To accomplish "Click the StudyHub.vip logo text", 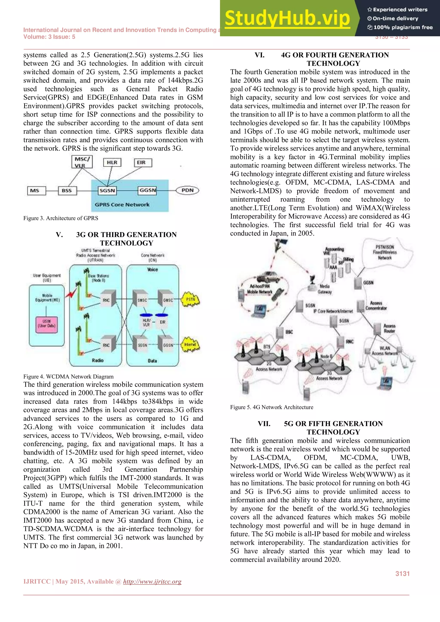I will [287, 18].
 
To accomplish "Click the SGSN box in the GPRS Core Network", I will [107, 191].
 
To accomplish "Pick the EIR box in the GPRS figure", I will [143, 163].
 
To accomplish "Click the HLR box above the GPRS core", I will [112, 162].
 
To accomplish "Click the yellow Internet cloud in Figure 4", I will [190, 345].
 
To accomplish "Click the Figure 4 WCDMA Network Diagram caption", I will [68, 377].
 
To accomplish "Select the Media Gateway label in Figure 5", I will [325, 289].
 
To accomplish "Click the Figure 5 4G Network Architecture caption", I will [272, 407].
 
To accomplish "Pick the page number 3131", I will [402, 573].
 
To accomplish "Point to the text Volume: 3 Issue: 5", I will [49, 37].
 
